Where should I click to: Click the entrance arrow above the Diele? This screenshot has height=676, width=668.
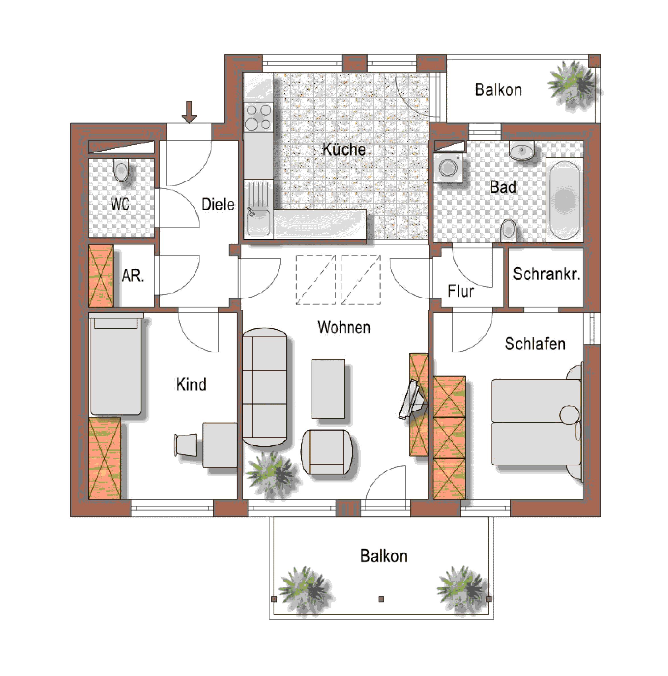189,112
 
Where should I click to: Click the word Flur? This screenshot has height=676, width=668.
460,291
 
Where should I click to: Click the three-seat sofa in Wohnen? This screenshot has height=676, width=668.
264,387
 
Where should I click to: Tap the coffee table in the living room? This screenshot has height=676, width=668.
328,389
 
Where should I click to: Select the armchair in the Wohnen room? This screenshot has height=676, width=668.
326,452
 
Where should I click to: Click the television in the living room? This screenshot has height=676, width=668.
412,400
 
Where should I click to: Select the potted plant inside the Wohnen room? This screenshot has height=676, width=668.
272,474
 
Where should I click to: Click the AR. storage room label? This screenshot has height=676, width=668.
133,276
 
